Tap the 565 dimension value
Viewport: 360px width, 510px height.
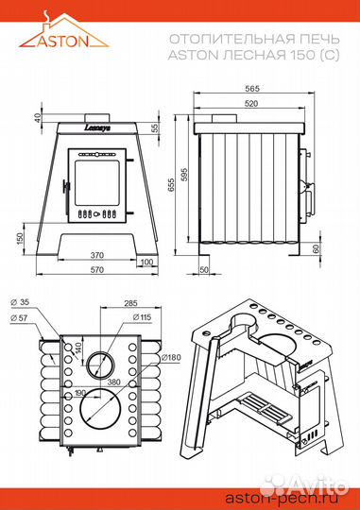click(x=252, y=89)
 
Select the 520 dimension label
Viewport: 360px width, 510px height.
click(x=251, y=104)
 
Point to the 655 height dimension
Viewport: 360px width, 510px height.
click(x=172, y=184)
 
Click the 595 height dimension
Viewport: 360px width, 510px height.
click(x=184, y=176)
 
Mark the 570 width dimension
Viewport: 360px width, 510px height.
click(x=97, y=269)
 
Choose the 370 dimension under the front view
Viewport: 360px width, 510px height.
click(x=97, y=255)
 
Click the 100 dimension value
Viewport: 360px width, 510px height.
click(x=147, y=263)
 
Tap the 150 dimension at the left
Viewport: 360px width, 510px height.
click(x=20, y=239)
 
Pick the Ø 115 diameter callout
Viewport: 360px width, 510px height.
click(x=143, y=316)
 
